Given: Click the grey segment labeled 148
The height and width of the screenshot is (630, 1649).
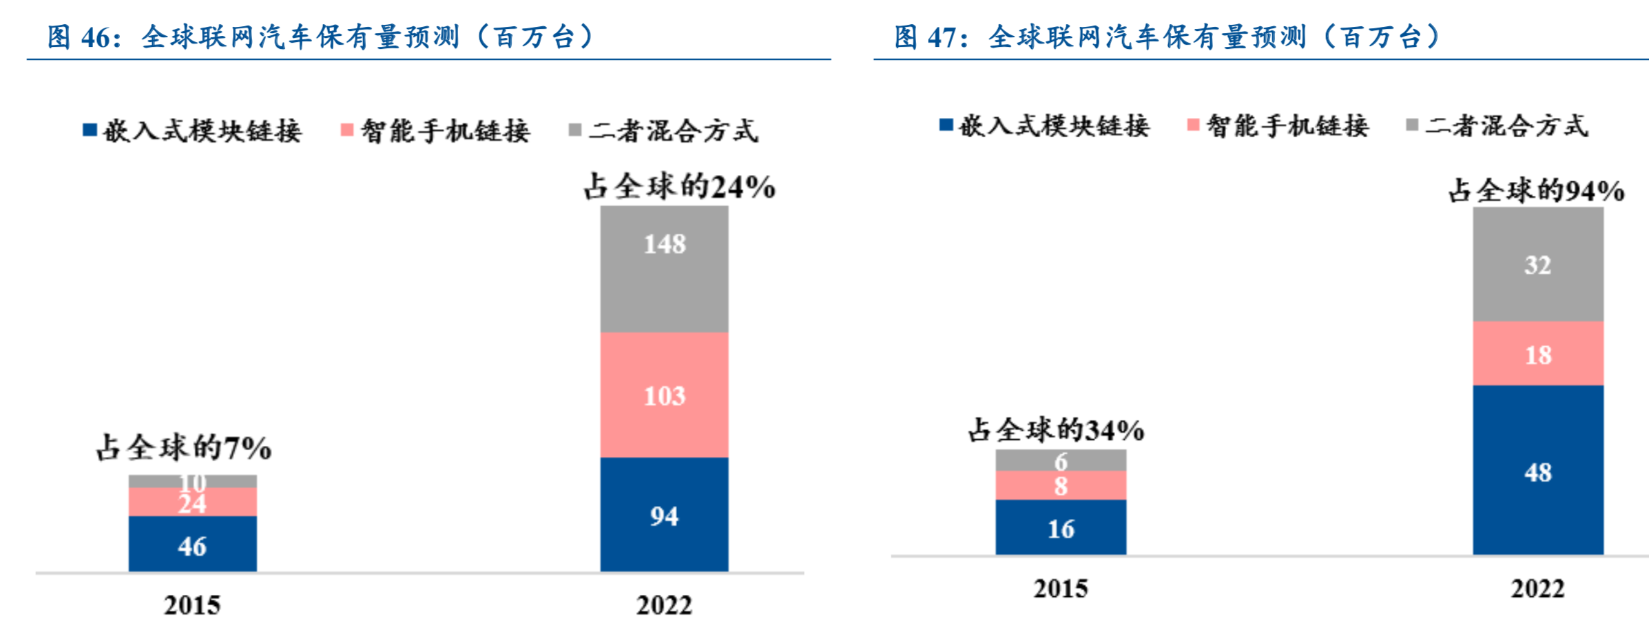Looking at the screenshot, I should point(664,269).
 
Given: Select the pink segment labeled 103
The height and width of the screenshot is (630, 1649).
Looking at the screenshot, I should point(664,395).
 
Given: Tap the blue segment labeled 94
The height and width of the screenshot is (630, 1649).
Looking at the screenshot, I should point(664,514).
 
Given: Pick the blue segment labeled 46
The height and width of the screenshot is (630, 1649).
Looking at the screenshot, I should point(192,544).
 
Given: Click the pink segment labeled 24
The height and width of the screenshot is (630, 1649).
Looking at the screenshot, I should point(192,502).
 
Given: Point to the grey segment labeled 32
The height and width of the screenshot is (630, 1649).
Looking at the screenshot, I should point(1537,264).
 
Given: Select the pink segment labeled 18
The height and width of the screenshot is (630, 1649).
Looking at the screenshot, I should point(1537,354).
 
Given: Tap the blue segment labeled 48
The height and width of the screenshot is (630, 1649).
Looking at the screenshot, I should point(1537,470).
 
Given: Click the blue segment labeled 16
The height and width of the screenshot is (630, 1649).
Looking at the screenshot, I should point(1060,527).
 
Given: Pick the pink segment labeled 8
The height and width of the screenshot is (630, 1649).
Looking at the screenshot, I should point(1060,485).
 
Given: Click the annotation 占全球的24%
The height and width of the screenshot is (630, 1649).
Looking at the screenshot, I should point(679,187).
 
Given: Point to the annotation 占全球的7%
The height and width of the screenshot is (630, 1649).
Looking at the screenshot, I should point(183,448).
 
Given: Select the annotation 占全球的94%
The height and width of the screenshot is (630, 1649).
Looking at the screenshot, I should point(1536,190).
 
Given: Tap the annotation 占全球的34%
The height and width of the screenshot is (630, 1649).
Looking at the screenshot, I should point(1056,430).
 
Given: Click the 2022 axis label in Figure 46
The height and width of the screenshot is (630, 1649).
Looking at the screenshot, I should point(664,604).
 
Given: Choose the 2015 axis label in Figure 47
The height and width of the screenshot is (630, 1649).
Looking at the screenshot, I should point(1060,588).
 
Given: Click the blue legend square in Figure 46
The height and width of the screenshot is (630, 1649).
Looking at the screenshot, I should point(90,130).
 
